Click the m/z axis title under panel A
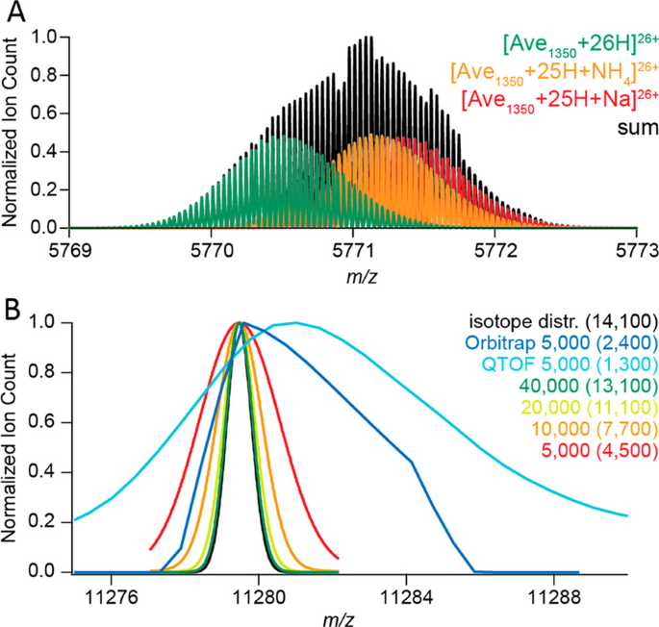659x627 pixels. pos(353,272)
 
